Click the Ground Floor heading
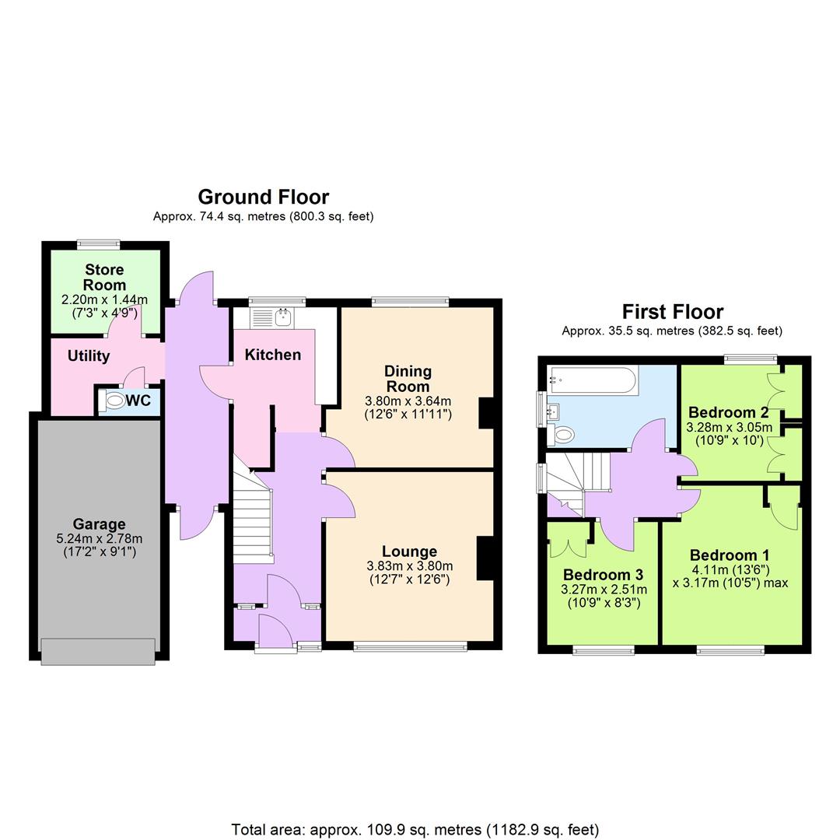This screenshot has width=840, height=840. click(263, 197)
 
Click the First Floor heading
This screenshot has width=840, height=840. click(672, 312)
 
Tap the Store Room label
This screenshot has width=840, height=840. click(104, 278)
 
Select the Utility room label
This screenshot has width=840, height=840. click(89, 356)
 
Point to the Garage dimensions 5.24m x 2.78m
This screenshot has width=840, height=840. click(99, 539)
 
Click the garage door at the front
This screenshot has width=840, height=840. click(98, 651)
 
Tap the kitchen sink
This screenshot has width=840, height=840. click(282, 317)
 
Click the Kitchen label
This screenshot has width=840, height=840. click(272, 355)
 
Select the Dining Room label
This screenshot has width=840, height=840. click(408, 379)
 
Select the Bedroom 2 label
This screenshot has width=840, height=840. click(728, 412)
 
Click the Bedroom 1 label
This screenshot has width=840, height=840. click(729, 555)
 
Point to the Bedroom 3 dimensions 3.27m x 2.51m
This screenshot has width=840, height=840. click(604, 590)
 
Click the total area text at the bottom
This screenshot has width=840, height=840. click(415, 829)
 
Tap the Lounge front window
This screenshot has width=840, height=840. click(410, 646)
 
